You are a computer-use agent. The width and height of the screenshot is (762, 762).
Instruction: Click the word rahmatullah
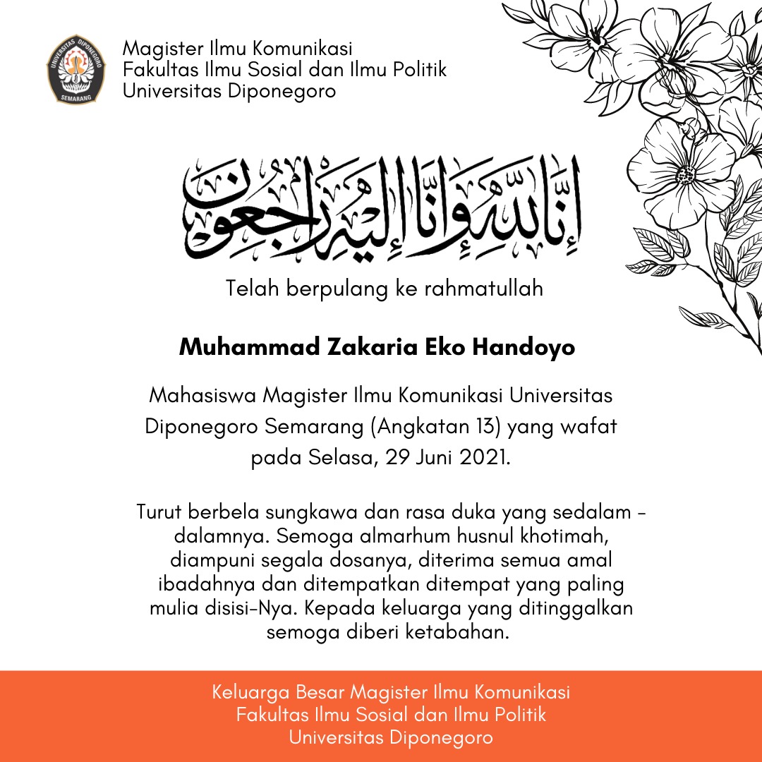tap(484, 289)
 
